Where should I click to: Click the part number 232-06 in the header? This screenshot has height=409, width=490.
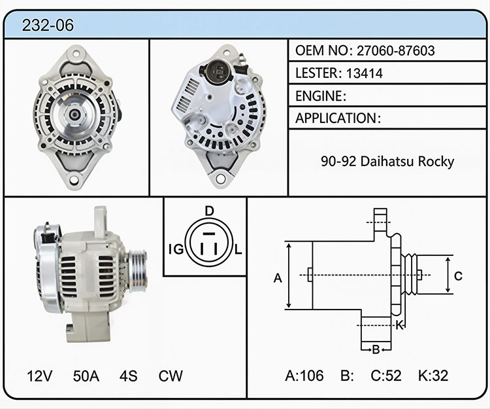click(x=48, y=25)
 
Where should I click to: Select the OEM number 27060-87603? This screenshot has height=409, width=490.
click(x=396, y=50)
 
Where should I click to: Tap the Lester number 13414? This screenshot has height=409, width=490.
click(x=365, y=73)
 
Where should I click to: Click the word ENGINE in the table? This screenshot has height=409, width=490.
click(x=319, y=96)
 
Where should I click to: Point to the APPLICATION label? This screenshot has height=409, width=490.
click(x=336, y=118)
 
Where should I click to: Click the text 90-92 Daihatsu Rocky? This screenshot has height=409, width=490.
click(x=387, y=162)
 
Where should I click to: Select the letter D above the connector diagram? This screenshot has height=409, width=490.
click(x=209, y=211)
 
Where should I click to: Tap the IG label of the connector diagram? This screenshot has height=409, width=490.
click(x=176, y=249)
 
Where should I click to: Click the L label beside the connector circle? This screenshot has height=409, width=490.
click(x=238, y=249)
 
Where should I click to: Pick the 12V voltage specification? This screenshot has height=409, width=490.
click(x=40, y=376)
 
